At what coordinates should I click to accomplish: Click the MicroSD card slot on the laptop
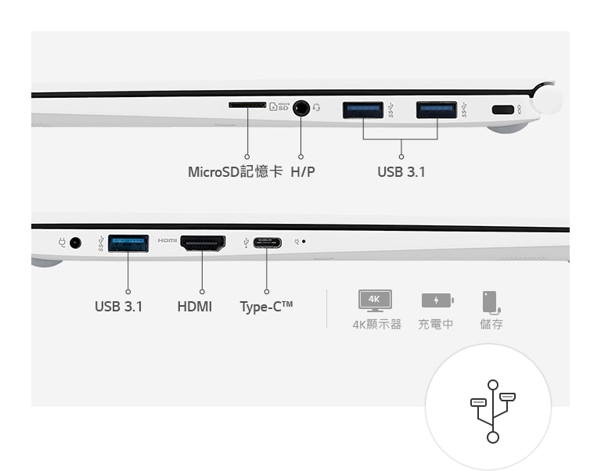click(247, 105)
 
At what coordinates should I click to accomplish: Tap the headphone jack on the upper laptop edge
click(300, 108)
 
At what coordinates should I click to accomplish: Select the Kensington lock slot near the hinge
click(502, 110)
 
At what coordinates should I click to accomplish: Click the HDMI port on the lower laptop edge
click(203, 243)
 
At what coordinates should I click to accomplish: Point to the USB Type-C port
click(267, 243)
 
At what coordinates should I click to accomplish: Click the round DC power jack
click(75, 243)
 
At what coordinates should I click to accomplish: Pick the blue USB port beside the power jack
click(128, 243)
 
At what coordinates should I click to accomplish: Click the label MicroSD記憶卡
click(236, 171)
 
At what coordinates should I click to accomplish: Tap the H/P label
click(303, 172)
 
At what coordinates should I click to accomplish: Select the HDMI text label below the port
click(195, 307)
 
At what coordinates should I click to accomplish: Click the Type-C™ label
click(266, 307)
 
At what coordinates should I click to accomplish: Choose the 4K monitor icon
click(375, 300)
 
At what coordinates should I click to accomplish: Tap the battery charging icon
click(437, 300)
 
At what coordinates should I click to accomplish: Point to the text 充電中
click(435, 324)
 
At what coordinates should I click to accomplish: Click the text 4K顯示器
click(377, 324)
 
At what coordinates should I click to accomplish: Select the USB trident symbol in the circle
click(493, 412)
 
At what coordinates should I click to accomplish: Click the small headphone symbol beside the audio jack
click(316, 108)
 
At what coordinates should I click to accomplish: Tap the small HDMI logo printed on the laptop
click(167, 240)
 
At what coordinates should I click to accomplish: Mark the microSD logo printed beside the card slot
click(279, 106)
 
